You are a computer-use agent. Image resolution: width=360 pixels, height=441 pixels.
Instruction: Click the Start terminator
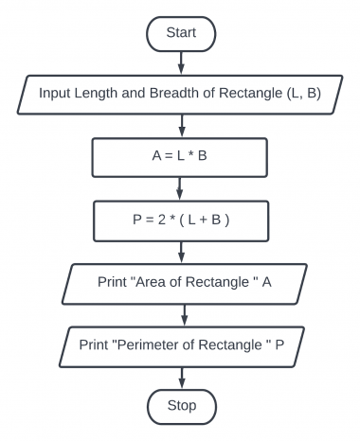click(180, 32)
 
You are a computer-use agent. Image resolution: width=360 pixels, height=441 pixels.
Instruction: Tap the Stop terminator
click(180, 406)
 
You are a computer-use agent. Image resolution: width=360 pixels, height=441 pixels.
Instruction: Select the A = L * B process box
click(180, 156)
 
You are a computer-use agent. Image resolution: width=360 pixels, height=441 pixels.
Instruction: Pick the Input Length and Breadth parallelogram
click(180, 94)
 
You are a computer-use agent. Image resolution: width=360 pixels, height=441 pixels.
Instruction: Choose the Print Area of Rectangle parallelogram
click(180, 282)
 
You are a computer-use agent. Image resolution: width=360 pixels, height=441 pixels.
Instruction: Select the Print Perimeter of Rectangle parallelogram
click(180, 344)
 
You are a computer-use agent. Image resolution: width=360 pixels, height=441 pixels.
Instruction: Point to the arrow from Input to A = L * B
click(180, 125)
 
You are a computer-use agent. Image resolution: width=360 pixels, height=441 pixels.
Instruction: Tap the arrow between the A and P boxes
click(180, 187)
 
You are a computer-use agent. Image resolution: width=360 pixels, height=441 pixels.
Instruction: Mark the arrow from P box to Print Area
click(180, 251)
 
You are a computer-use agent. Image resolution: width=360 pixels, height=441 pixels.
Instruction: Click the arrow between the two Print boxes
click(180, 313)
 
